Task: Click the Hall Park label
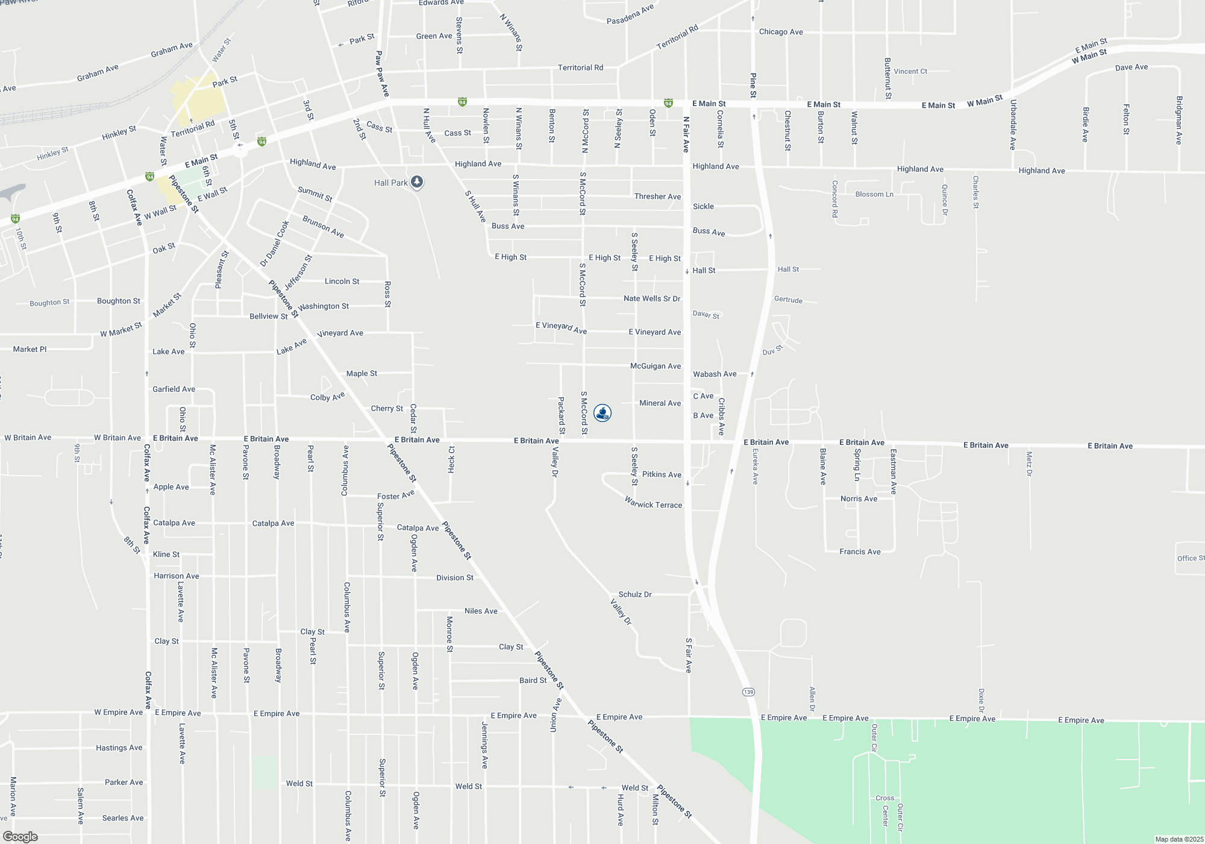pos(390,183)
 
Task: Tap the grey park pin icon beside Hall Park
pos(416,182)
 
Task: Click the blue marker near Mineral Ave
pos(602,413)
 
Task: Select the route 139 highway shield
pos(748,691)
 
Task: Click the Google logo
pos(20,836)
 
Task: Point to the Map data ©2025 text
pos(1179,839)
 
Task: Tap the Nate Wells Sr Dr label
pos(652,298)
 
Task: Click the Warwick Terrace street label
pos(653,503)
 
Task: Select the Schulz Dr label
pos(635,594)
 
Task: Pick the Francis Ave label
pos(860,552)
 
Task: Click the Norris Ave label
pos(859,499)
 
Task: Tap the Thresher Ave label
pos(657,197)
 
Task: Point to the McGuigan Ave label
pos(656,366)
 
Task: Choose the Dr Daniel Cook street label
pos(275,244)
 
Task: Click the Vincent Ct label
pos(910,71)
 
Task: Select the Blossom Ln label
pos(874,194)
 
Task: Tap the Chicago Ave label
pos(781,32)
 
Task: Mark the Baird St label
pos(533,680)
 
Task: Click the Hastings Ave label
pos(119,748)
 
